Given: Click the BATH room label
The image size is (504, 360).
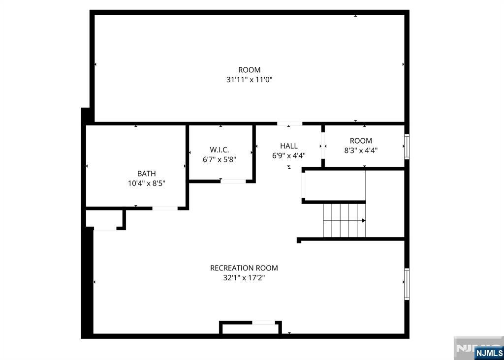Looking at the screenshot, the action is point(147,174).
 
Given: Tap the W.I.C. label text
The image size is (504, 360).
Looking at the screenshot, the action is point(220,150).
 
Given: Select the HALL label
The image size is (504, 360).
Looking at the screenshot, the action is point(288,146).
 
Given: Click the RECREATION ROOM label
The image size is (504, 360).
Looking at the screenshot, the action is point(244,268).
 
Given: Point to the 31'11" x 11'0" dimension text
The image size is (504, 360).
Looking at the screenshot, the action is point(250,79).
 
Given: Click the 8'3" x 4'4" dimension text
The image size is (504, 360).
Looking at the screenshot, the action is point(361,150).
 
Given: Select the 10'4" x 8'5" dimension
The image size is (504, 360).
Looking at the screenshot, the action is point(147,183).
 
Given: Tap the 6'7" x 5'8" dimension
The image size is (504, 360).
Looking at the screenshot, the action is point(220,159).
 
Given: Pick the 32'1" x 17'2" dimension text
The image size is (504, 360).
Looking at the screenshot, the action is point(244,277).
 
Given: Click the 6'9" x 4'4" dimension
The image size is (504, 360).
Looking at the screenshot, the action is point(288,156).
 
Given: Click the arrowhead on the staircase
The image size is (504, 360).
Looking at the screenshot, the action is point(364,221).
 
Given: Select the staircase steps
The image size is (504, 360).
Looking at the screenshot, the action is point(345,221).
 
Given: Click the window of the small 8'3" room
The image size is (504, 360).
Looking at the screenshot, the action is point(407,147).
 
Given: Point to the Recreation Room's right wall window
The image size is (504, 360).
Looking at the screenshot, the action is point(407,284).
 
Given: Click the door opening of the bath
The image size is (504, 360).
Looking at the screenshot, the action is point(165,209).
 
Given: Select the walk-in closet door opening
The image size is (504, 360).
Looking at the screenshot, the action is point(233,181).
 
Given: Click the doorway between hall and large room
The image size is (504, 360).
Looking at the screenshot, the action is point(289,123).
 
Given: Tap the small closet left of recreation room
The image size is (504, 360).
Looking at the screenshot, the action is point(105,219).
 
